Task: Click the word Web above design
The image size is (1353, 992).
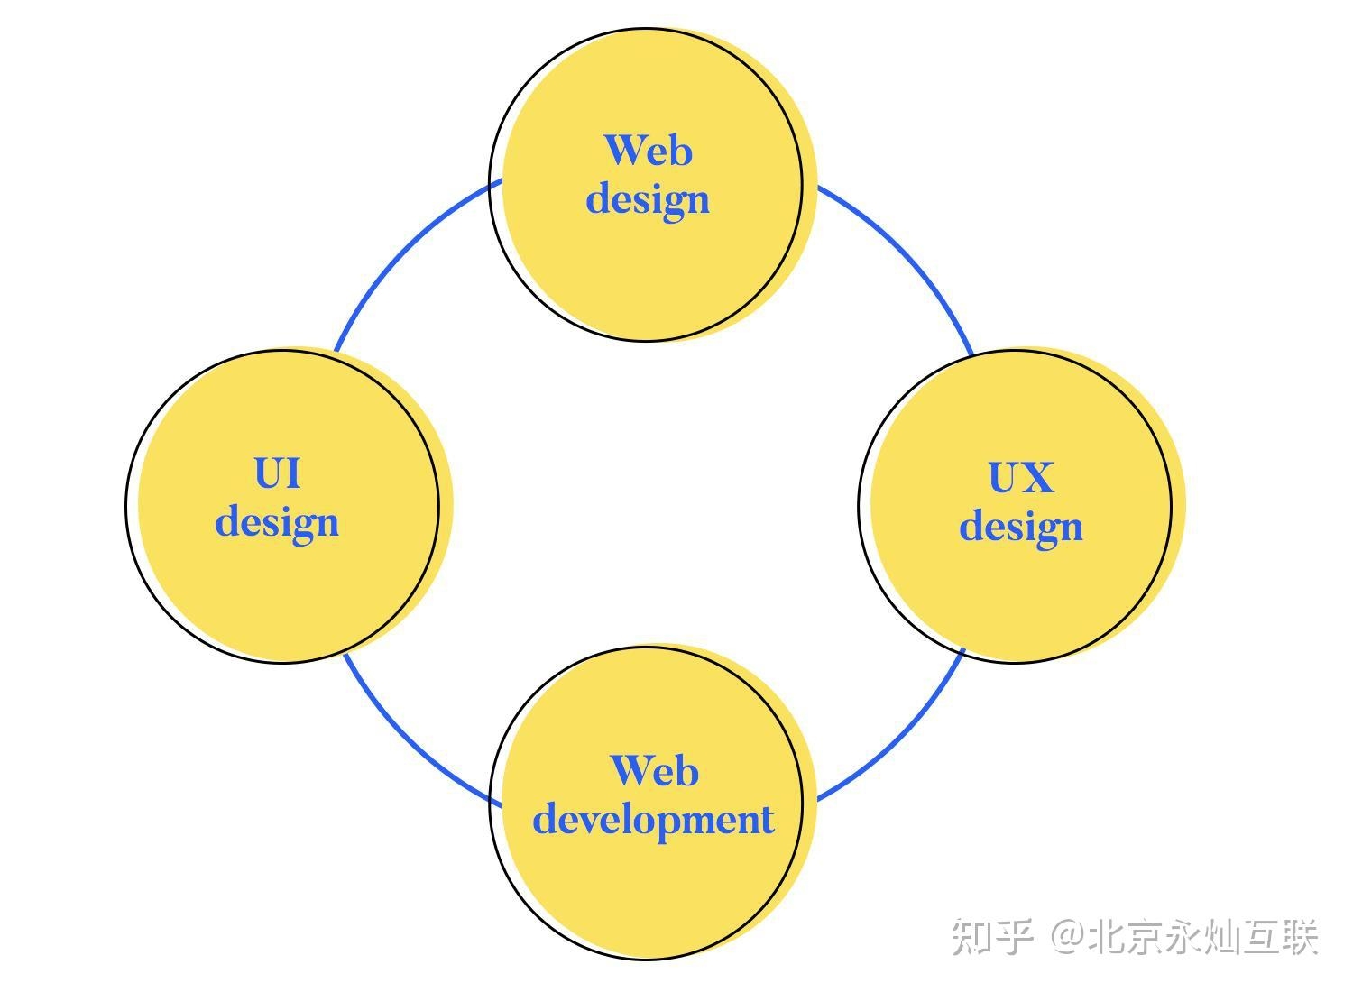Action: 648,150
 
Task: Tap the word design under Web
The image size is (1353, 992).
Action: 648,199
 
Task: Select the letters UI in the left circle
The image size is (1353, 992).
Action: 277,473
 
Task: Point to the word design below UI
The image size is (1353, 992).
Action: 277,522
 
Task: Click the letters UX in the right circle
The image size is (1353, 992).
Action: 1020,478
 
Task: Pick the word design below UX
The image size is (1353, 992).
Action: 1020,527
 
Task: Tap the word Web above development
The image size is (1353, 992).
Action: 654,771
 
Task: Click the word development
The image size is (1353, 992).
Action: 653,820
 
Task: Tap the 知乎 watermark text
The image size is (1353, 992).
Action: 992,938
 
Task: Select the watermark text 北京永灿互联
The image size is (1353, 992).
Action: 1203,938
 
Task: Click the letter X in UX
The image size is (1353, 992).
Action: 1037,478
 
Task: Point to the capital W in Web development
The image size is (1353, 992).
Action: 630,771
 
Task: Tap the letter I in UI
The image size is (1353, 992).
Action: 290,473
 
